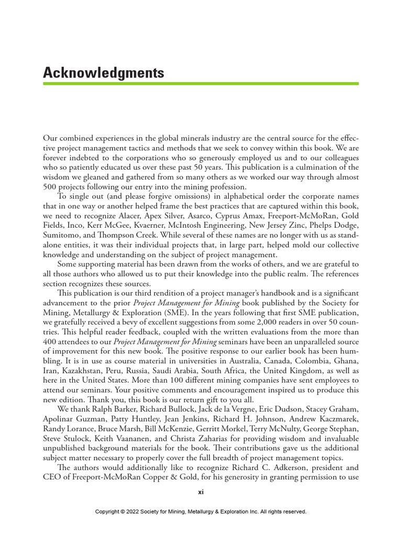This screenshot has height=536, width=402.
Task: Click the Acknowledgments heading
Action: coord(104,73)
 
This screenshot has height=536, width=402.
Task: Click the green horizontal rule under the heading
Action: coord(200,84)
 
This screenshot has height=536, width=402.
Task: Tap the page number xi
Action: coord(200,493)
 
